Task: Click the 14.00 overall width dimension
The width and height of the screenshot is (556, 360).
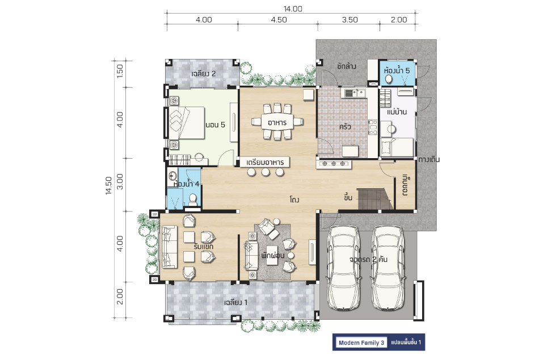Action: point(293,9)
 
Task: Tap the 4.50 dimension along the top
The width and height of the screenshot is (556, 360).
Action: point(279,20)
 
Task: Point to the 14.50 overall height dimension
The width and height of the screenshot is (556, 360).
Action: point(108,185)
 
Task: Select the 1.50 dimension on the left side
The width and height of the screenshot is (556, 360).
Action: point(120,71)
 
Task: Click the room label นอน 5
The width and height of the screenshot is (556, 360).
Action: point(215,125)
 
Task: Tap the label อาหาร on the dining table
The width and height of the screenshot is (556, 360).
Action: point(277,122)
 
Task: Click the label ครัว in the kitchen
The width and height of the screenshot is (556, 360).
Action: point(345,126)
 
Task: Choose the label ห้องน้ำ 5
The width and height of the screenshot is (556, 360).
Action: point(397,70)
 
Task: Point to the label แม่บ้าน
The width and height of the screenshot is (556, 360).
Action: point(397,112)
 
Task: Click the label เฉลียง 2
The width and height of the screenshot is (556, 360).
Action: point(204,74)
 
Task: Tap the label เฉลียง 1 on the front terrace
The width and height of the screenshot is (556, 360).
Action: point(236,303)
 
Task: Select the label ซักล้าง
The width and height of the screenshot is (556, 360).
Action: point(347,66)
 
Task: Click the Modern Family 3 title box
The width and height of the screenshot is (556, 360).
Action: point(361,342)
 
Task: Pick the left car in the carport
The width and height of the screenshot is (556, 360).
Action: point(343,268)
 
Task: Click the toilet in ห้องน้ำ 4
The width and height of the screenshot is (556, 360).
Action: point(192,200)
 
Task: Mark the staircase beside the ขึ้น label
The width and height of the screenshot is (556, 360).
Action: point(375,199)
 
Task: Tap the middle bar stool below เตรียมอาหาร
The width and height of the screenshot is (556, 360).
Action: point(266,172)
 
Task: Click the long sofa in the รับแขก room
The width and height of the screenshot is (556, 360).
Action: point(169,247)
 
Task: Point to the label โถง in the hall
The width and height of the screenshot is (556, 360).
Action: point(294,200)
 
